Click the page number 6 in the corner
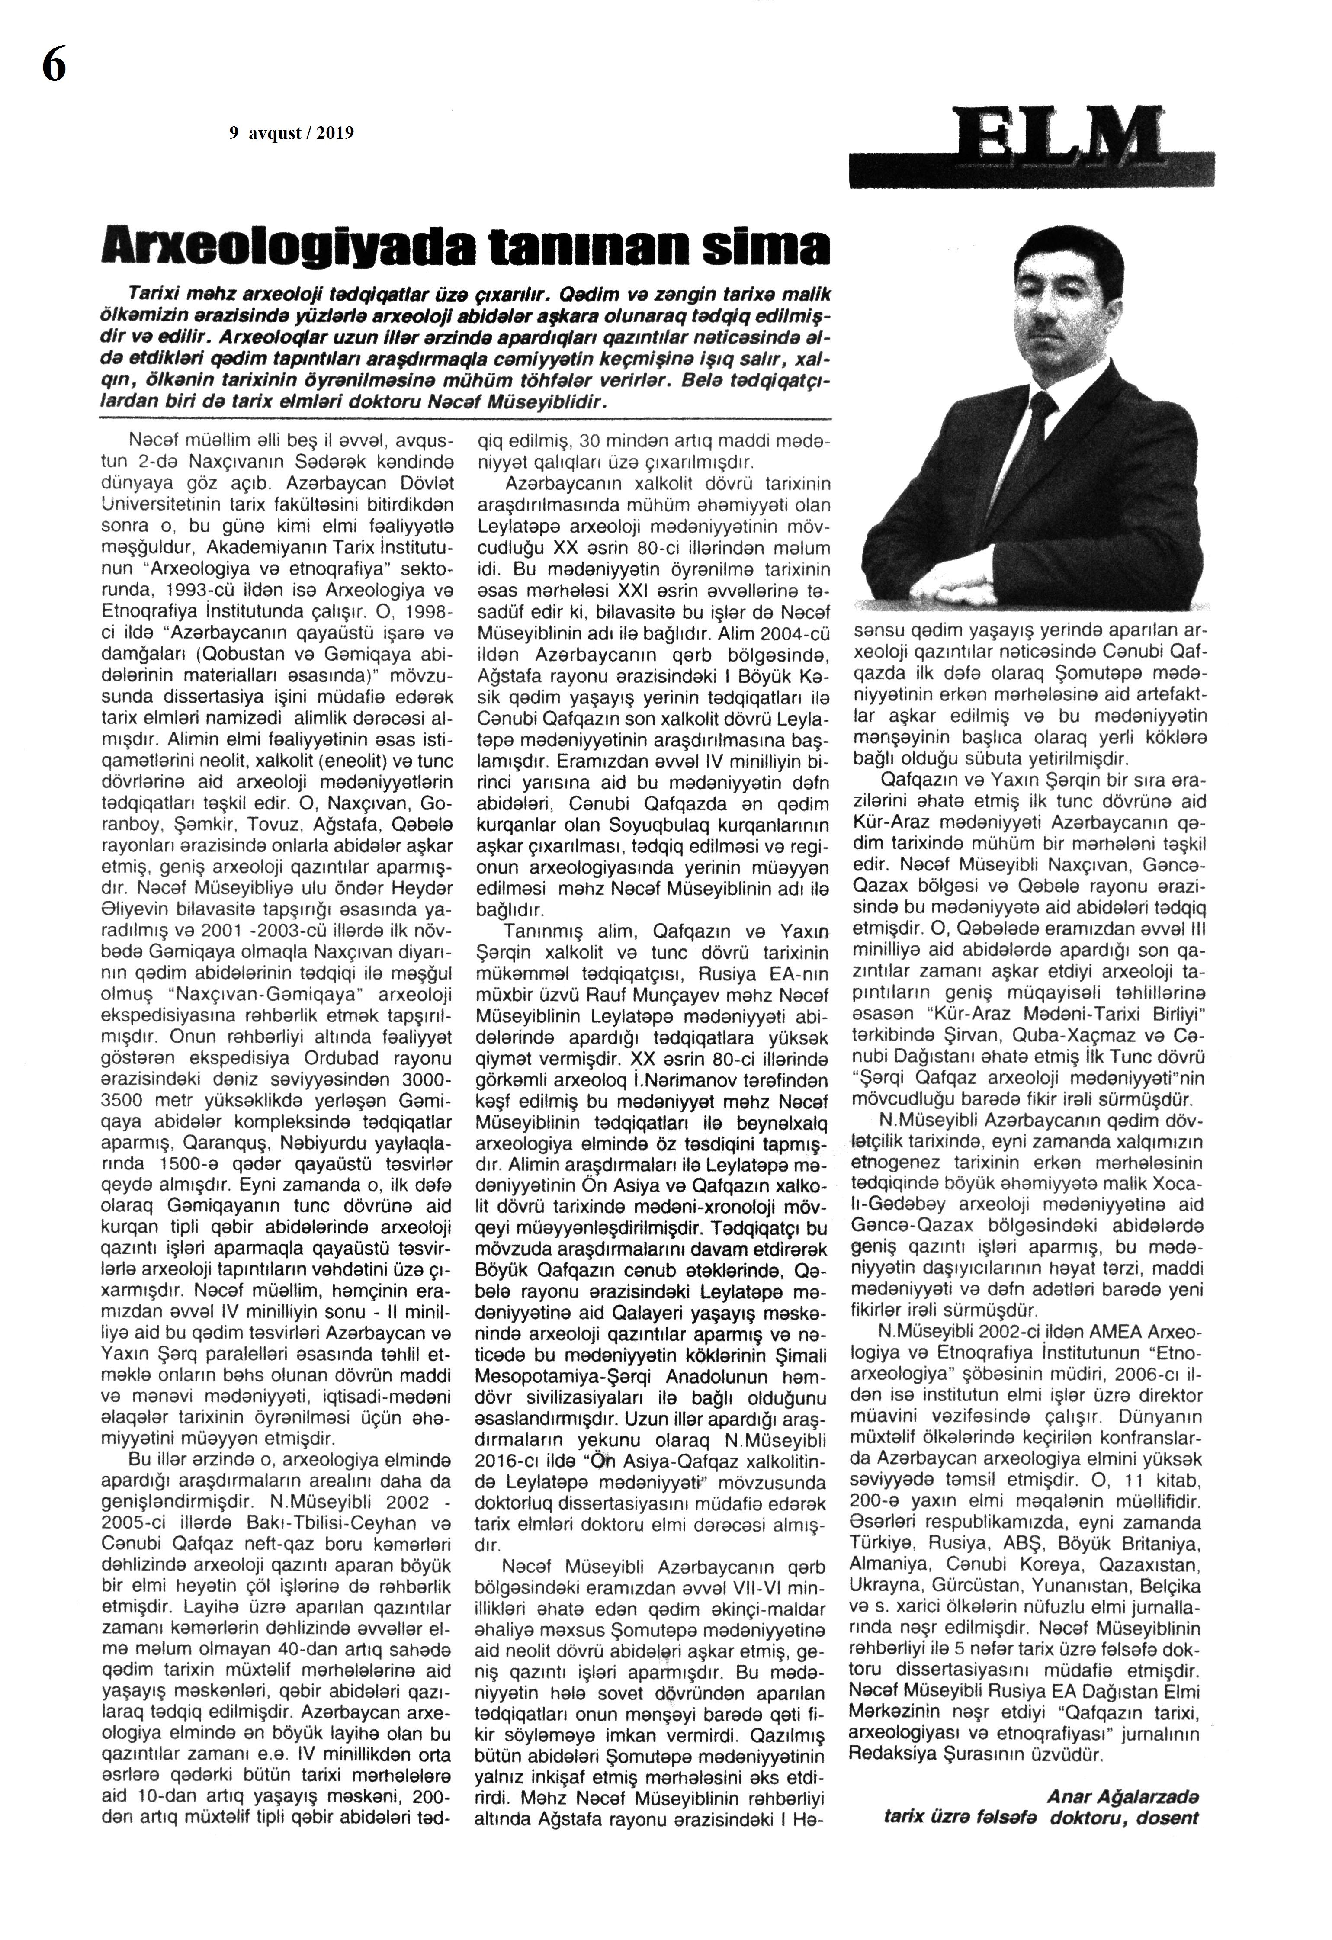(54, 65)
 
